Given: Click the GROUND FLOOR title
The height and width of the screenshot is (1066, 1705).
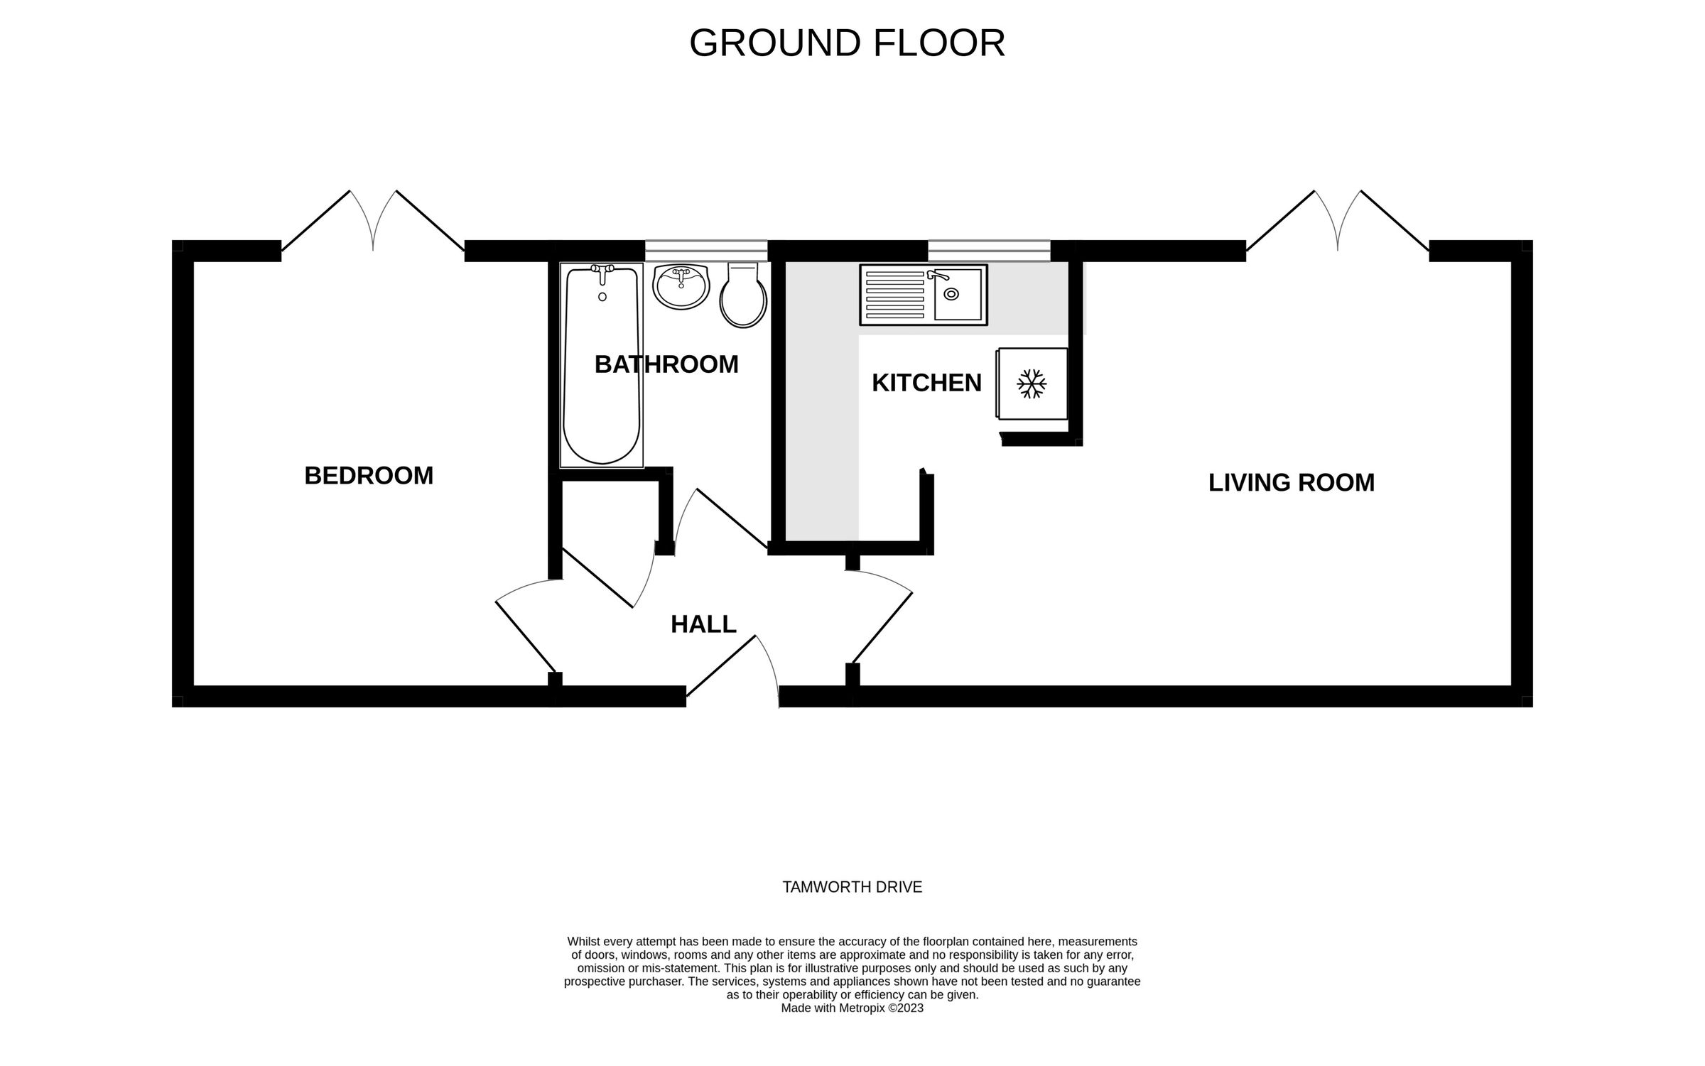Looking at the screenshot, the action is (847, 43).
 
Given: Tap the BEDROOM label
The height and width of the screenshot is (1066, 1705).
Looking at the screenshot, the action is (369, 476).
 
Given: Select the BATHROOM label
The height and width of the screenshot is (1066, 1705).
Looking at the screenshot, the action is (666, 364).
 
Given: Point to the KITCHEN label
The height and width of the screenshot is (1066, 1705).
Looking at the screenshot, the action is (926, 383).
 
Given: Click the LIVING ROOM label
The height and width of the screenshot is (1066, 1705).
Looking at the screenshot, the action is (1292, 483).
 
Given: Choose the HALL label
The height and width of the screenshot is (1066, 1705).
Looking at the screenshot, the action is (703, 624).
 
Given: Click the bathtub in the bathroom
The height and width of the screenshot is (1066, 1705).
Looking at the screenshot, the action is (602, 366).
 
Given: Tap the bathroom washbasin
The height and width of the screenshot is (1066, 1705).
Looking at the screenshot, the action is (681, 287).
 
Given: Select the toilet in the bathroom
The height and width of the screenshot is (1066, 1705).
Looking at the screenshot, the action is (743, 295).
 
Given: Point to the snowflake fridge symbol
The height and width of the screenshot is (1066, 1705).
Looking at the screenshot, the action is (1032, 384).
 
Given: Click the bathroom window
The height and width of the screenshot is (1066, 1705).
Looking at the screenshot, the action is (706, 251).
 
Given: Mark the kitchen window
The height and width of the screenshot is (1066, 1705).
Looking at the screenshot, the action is (989, 251).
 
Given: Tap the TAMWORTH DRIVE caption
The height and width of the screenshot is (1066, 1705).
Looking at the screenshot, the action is (852, 887).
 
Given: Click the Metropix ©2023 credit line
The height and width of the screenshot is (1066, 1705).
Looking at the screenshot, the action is (852, 1008).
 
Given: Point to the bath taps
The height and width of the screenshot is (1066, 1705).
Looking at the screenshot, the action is (602, 271).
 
